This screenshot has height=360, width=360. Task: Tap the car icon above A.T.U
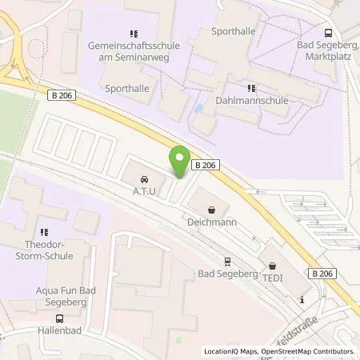[144, 179]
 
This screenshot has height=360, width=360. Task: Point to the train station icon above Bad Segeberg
[227, 261]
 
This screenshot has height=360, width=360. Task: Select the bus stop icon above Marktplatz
[329, 33]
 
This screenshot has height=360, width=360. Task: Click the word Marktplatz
[328, 55]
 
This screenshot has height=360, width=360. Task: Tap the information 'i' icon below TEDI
[301, 300]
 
